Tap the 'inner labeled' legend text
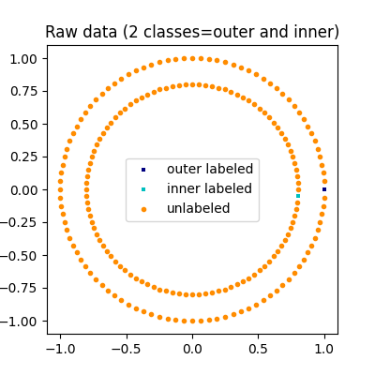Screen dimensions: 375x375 tap(209, 189)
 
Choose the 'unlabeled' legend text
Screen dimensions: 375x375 tap(198, 209)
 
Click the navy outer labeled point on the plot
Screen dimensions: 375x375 tap(324, 189)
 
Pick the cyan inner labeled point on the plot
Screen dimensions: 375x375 tap(298, 196)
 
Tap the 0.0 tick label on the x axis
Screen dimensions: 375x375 tap(192, 348)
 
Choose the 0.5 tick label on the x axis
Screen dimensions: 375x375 tap(259, 348)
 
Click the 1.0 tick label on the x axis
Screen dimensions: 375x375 tap(324, 348)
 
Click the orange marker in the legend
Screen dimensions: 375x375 tap(143, 209)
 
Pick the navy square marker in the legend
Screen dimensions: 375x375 tap(143, 170)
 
